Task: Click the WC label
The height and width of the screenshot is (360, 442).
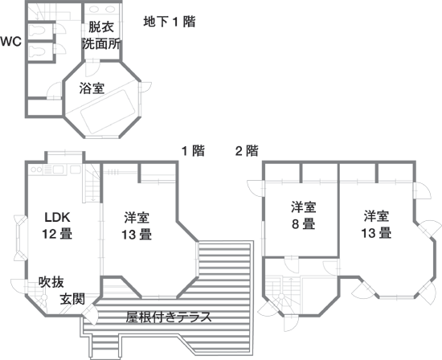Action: pyautogui.click(x=10, y=42)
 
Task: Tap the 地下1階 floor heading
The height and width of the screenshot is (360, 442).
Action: pyautogui.click(x=170, y=22)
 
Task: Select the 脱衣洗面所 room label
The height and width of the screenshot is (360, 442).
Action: pyautogui.click(x=101, y=35)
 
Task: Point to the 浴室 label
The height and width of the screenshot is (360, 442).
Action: pyautogui.click(x=92, y=88)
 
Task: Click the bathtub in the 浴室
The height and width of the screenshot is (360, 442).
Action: pyautogui.click(x=108, y=111)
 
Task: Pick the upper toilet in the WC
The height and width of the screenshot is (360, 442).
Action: pyautogui.click(x=37, y=31)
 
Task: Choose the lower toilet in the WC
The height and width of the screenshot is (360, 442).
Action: pyautogui.click(x=37, y=51)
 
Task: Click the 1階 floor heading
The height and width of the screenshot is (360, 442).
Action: pyautogui.click(x=193, y=150)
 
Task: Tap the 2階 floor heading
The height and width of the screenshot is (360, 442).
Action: pyautogui.click(x=247, y=150)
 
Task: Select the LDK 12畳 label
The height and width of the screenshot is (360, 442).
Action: pyautogui.click(x=57, y=226)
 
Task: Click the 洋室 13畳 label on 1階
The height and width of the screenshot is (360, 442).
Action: pyautogui.click(x=137, y=226)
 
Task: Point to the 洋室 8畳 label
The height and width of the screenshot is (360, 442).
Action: pyautogui.click(x=304, y=215)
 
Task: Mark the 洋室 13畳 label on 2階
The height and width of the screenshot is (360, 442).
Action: pyautogui.click(x=376, y=224)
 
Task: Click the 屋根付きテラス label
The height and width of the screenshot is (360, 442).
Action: pyautogui.click(x=169, y=317)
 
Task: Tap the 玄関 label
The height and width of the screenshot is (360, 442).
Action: pyautogui.click(x=72, y=299)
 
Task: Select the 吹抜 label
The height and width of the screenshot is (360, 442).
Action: pyautogui.click(x=51, y=281)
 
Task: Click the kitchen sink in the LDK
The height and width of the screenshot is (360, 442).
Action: pyautogui.click(x=59, y=170)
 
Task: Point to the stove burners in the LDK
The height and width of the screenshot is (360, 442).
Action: pyautogui.click(x=36, y=170)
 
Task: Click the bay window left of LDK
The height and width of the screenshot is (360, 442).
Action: pyautogui.click(x=21, y=238)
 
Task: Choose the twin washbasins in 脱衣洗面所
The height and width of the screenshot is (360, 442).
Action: pyautogui.click(x=101, y=10)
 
